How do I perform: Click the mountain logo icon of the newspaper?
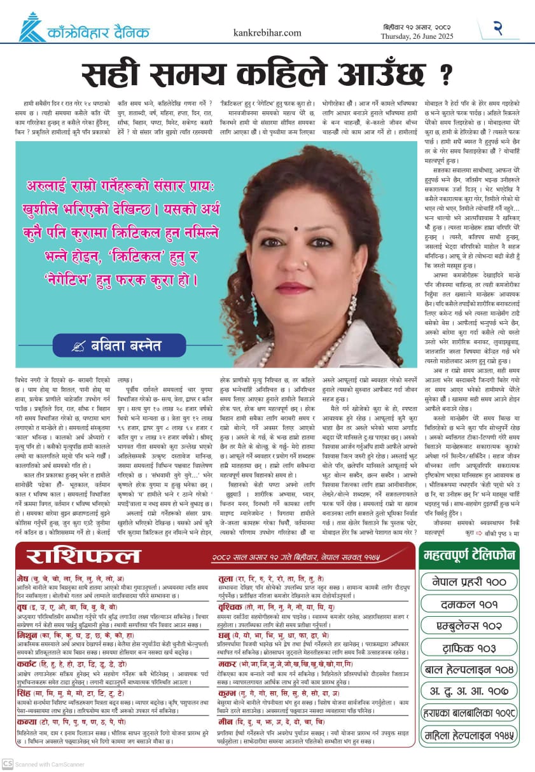click(32, 27)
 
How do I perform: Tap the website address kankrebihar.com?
click(267, 32)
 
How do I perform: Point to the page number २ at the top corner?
click(499, 28)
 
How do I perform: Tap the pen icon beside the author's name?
click(80, 347)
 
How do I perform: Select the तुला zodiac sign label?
click(226, 579)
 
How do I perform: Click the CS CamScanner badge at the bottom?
click(8, 763)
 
